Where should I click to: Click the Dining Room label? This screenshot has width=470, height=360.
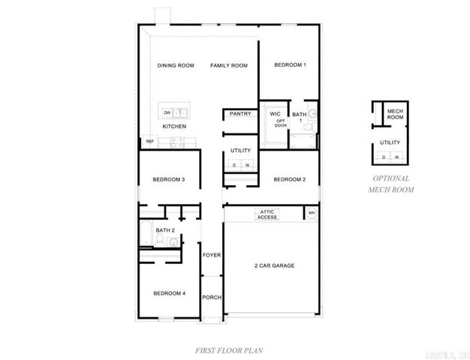(x=175, y=66)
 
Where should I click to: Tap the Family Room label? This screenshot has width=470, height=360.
(x=228, y=66)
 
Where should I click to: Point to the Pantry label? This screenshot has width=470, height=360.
(x=240, y=114)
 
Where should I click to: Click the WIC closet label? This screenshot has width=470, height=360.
(x=275, y=114)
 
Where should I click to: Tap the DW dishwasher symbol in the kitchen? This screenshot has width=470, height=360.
(x=167, y=113)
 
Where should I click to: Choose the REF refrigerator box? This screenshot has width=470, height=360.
(x=149, y=141)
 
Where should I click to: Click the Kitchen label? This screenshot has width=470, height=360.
(x=174, y=127)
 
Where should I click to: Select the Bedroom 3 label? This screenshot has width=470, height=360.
(x=169, y=179)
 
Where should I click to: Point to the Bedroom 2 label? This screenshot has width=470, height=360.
(x=289, y=179)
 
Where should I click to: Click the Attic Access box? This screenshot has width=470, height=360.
(x=267, y=214)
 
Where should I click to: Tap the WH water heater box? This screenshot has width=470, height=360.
(x=311, y=214)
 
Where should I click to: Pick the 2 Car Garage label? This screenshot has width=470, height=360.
(x=273, y=266)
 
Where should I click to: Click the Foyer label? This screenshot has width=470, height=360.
(x=212, y=255)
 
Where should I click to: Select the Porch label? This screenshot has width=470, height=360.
(x=212, y=297)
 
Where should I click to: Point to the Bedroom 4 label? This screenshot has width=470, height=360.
(x=169, y=292)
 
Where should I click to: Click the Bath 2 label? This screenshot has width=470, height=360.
(x=165, y=229)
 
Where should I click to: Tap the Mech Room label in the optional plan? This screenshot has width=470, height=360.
(x=395, y=115)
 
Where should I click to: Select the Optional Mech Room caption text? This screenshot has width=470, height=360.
(x=390, y=184)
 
